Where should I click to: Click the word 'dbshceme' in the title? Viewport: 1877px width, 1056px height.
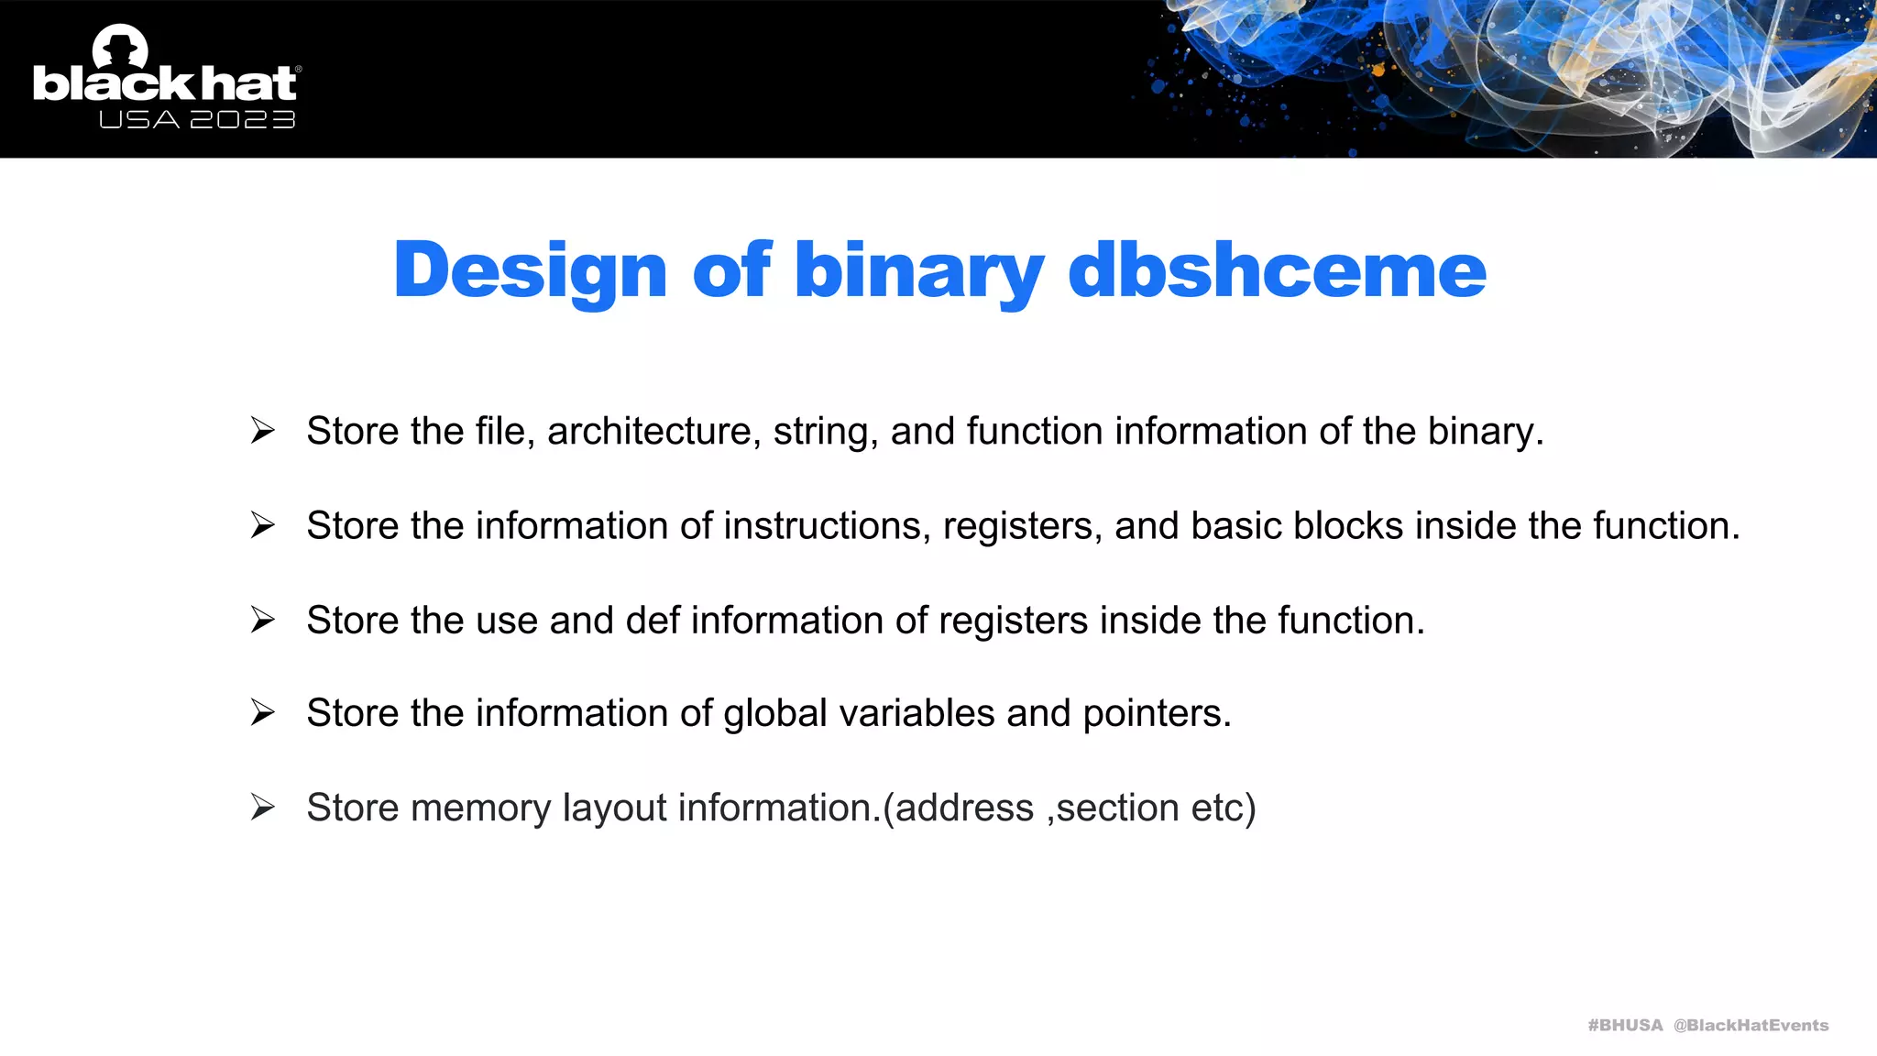point(1277,270)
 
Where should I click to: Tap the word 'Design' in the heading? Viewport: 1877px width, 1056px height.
point(531,270)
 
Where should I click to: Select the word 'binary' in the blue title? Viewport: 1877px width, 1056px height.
point(918,270)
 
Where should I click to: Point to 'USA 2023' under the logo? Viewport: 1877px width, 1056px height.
point(197,120)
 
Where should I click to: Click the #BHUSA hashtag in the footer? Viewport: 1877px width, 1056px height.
point(1625,1025)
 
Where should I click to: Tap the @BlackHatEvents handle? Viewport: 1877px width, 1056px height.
point(1751,1025)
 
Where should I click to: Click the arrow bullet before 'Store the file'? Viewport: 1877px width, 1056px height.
point(263,430)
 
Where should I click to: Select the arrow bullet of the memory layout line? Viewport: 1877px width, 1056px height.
point(263,807)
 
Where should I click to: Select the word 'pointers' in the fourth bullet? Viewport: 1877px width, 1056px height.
point(1157,713)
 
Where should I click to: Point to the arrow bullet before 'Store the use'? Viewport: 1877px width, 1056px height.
point(263,620)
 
